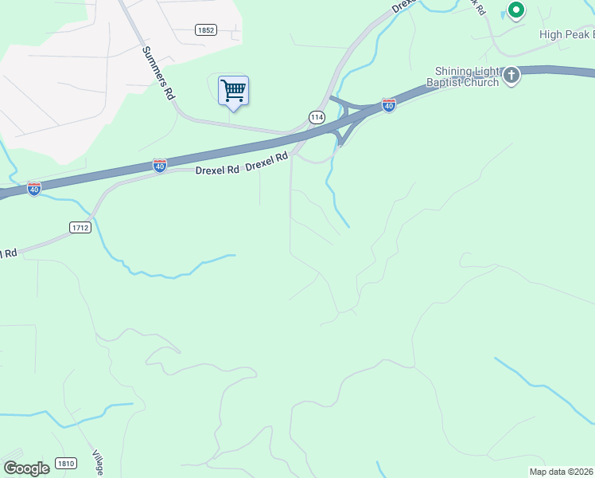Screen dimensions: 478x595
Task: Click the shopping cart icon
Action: [x=233, y=91]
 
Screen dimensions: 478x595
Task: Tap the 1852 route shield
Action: [x=206, y=29]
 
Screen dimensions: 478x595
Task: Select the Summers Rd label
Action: [x=158, y=72]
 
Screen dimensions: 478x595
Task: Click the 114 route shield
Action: [x=317, y=117]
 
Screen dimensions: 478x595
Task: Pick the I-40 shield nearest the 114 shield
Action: [x=388, y=105]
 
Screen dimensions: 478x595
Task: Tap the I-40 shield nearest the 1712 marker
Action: [x=34, y=189]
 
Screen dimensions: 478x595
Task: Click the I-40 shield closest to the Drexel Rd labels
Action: [x=160, y=166]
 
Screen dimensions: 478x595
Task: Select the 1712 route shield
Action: [x=80, y=227]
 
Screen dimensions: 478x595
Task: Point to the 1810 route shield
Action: [x=66, y=464]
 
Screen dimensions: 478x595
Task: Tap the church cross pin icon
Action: [x=511, y=76]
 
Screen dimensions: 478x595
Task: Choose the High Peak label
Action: [x=566, y=34]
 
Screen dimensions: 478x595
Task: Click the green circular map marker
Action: [x=515, y=10]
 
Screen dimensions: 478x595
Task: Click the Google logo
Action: [x=26, y=468]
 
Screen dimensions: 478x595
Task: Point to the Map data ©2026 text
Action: [x=561, y=472]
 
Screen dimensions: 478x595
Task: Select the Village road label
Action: [x=98, y=461]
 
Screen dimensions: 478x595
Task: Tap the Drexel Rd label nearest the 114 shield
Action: [x=266, y=162]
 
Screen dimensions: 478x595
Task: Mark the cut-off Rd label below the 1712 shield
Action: [x=9, y=253]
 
